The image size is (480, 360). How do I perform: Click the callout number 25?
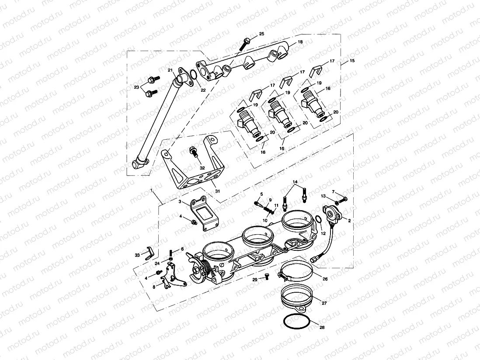click(261, 34)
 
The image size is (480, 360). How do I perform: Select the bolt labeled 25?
click(244, 44)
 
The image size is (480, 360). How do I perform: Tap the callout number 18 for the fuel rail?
click(300, 42)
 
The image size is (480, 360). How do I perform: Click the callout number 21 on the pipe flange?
click(170, 70)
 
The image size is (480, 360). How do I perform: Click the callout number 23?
click(137, 87)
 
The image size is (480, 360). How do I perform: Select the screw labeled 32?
click(192, 152)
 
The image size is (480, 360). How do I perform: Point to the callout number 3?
click(179, 201)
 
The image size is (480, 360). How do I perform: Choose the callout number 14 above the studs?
click(295, 181)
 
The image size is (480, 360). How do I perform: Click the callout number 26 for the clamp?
click(325, 279)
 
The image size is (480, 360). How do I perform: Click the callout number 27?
click(324, 302)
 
